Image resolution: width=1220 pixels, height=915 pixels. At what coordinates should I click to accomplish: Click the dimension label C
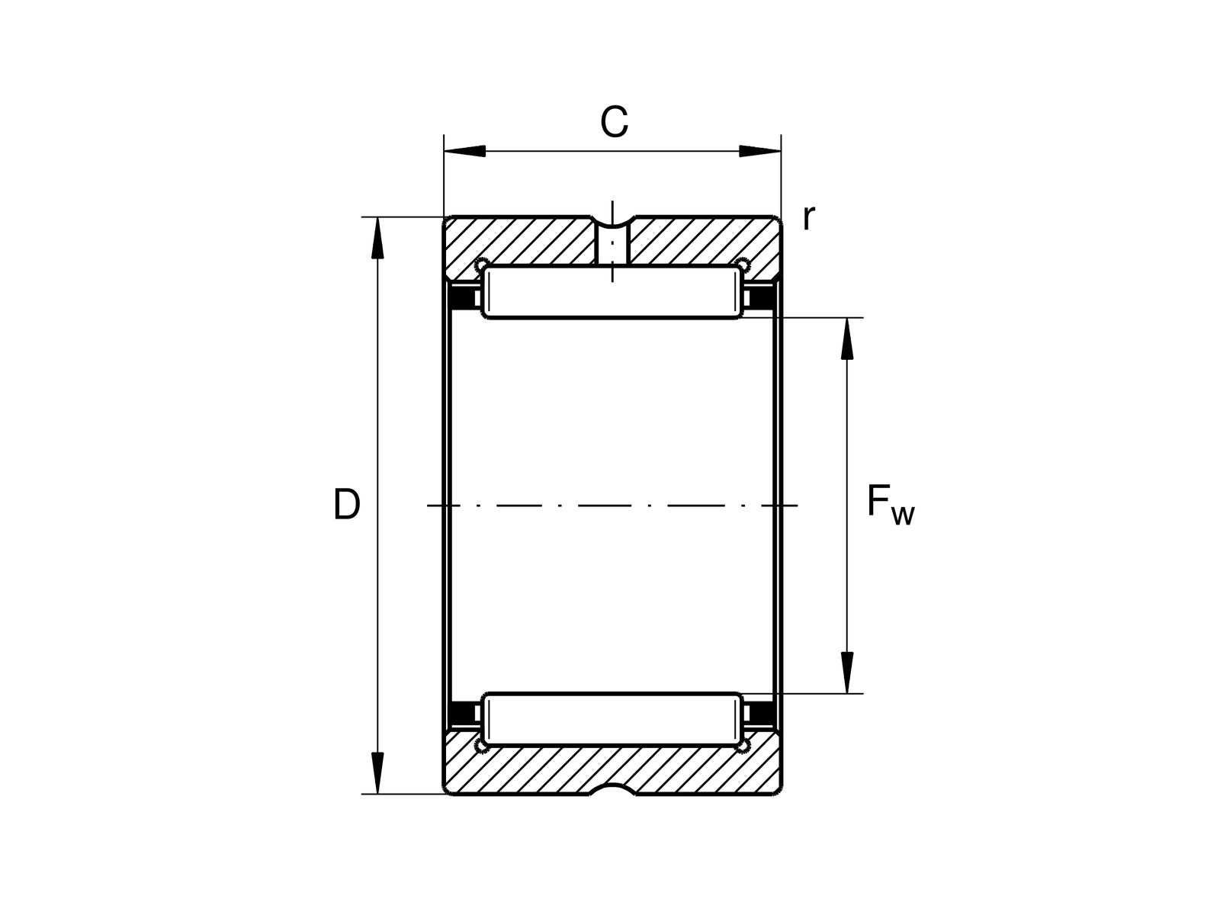tap(614, 122)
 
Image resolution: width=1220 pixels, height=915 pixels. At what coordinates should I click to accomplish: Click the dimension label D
tap(346, 505)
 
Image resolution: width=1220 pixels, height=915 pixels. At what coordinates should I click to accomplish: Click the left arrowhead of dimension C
tap(465, 151)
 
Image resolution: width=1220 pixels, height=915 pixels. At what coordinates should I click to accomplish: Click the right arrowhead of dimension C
tap(760, 151)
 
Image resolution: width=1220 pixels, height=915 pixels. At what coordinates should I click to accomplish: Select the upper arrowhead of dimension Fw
tap(846, 339)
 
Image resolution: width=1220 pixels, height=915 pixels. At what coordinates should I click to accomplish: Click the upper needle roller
tap(613, 292)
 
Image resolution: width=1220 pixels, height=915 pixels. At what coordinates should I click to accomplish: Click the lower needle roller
tap(613, 719)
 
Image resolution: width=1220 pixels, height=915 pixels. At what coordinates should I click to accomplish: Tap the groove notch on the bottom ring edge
tap(613, 790)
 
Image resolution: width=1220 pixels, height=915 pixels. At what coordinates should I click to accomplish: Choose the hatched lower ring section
tap(613, 767)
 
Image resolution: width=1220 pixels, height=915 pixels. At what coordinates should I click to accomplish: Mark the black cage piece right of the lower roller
tap(762, 714)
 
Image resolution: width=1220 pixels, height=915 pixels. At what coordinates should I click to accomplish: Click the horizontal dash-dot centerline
tap(613, 506)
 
